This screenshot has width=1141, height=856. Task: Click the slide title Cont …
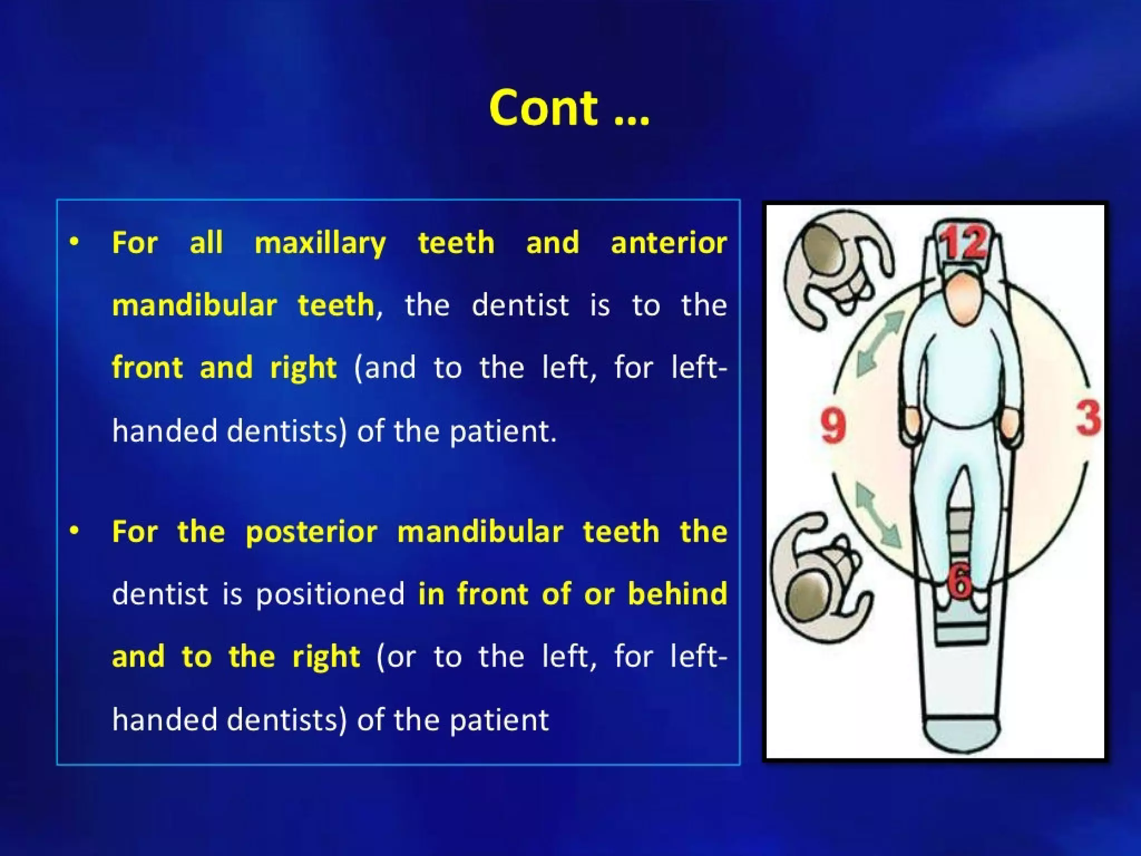(569, 108)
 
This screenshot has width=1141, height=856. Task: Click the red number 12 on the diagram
(963, 243)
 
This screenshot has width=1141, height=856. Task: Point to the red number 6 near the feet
(960, 582)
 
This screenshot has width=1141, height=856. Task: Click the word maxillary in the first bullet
(320, 243)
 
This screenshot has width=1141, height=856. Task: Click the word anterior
(669, 243)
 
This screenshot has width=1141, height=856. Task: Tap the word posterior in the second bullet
(311, 532)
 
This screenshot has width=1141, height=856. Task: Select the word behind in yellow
(677, 594)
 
